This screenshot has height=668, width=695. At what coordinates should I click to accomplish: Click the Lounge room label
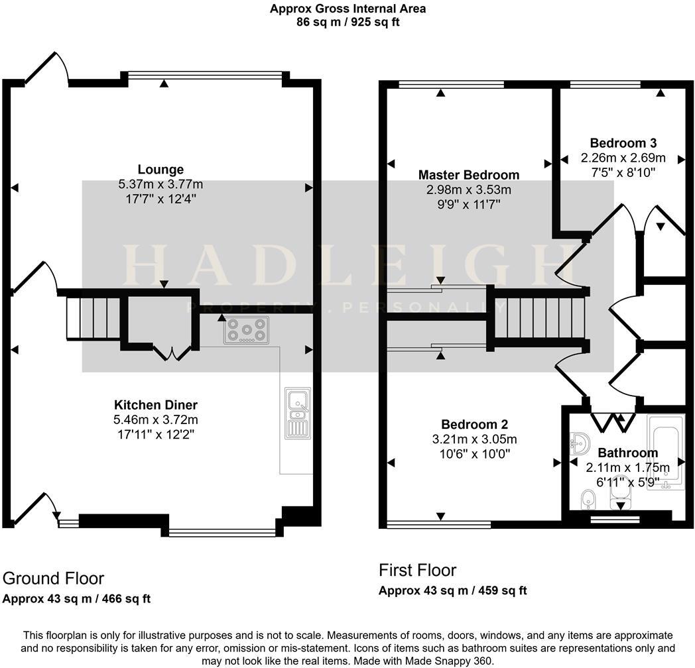click(x=160, y=169)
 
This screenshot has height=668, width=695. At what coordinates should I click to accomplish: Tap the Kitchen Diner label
click(x=156, y=404)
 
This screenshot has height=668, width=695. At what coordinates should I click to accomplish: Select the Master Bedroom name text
click(x=468, y=174)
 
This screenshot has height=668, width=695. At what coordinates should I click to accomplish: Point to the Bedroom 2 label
click(x=474, y=424)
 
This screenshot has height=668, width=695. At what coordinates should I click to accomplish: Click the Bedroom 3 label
click(x=623, y=143)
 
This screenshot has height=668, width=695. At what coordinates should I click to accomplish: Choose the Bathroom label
click(x=627, y=453)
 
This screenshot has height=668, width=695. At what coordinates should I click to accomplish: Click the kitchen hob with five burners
click(x=247, y=330)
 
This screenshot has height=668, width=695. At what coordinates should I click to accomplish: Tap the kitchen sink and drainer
click(x=297, y=413)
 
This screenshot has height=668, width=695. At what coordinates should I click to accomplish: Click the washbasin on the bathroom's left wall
click(x=580, y=443)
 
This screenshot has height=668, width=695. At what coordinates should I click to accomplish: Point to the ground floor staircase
click(x=94, y=318)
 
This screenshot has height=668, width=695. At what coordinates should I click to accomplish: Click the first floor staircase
click(x=540, y=317)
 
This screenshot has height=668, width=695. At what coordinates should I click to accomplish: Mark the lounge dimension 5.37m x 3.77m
click(x=160, y=184)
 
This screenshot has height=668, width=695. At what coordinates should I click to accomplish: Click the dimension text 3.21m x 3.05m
click(x=474, y=439)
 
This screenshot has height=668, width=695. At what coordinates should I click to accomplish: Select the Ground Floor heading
click(x=53, y=578)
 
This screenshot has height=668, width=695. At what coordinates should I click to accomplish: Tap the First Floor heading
click(x=417, y=570)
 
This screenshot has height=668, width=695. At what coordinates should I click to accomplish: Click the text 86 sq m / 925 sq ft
click(x=348, y=22)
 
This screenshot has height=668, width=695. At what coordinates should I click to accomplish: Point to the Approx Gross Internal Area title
click(x=348, y=9)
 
